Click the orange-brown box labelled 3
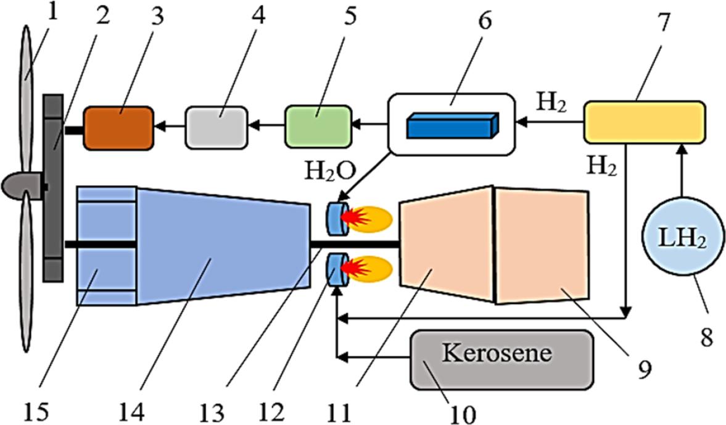[x=118, y=128]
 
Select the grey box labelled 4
[x=216, y=128]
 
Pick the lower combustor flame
[x=368, y=268]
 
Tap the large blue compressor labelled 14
[x=222, y=245]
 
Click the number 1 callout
[x=52, y=12]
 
